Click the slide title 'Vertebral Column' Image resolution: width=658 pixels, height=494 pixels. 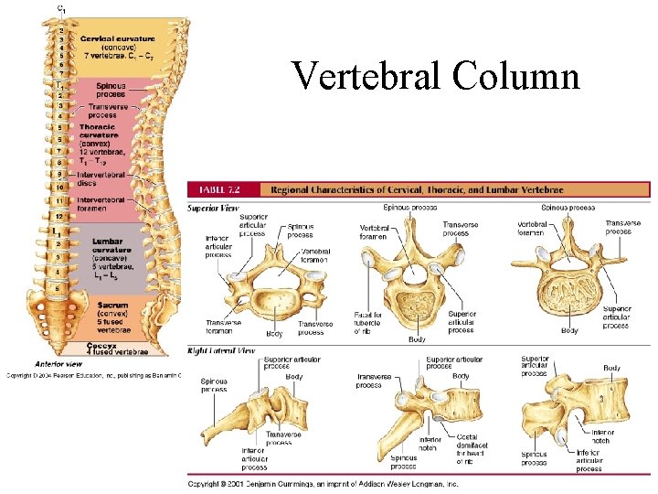(x=435, y=75)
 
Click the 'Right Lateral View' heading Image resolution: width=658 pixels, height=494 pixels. (x=221, y=349)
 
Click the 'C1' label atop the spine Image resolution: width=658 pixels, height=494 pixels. (x=61, y=7)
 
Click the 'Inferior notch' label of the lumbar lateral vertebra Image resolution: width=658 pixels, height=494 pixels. (x=602, y=436)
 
